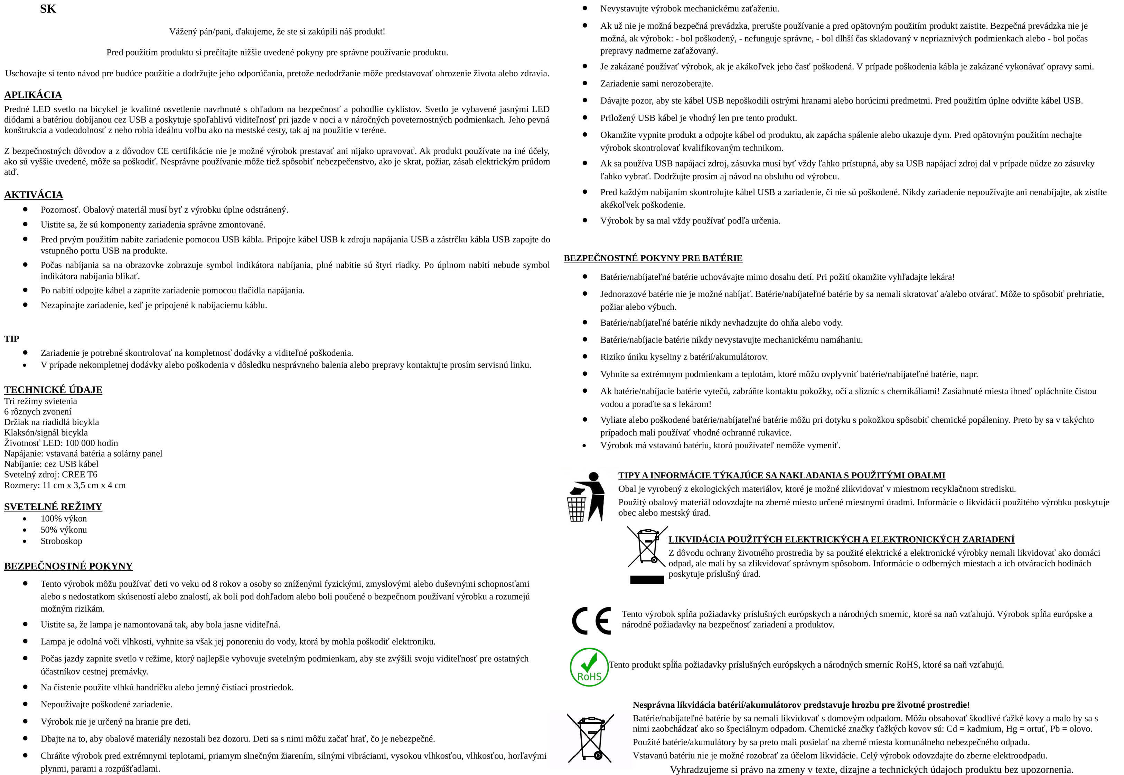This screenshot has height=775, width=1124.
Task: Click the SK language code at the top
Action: [x=48, y=9]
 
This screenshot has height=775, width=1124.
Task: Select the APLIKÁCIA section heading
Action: [x=33, y=95]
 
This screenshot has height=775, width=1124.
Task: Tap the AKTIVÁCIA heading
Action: [x=34, y=195]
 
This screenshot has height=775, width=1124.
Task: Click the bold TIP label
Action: [x=12, y=338]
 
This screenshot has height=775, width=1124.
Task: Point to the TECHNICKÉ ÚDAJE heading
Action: [x=53, y=390]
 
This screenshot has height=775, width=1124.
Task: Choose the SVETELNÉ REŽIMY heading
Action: [x=53, y=506]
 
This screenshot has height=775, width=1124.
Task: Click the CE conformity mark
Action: [x=591, y=621]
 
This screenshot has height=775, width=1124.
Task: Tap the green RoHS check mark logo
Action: [x=589, y=667]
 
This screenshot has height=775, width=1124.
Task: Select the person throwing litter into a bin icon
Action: [x=586, y=496]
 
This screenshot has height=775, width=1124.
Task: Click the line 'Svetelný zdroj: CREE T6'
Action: [x=50, y=475]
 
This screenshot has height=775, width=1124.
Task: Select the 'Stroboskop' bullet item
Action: [x=61, y=541]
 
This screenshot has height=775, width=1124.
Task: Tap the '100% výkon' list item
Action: [x=64, y=519]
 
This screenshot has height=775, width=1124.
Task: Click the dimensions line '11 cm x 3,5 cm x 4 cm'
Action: [x=65, y=485]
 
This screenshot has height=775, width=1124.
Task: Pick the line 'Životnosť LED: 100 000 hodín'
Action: [x=61, y=443]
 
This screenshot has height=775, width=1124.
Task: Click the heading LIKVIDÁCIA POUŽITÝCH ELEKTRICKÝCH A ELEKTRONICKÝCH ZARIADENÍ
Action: [x=841, y=539]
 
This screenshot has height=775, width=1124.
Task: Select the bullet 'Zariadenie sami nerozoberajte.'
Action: [x=656, y=84]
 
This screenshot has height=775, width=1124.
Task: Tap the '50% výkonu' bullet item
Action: [x=64, y=530]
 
